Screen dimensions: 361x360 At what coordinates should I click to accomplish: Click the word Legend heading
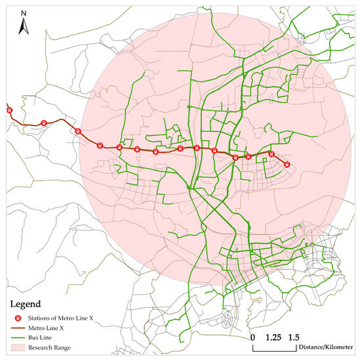24,304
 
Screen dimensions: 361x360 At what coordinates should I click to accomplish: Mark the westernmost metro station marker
9,110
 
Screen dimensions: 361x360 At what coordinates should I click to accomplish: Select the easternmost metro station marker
287,165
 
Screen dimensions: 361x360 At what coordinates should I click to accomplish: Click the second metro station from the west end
43,123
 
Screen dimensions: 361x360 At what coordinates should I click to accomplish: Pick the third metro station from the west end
78,131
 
